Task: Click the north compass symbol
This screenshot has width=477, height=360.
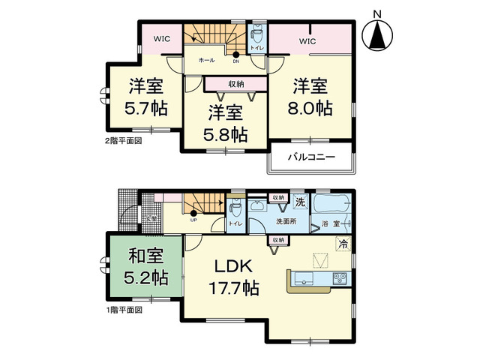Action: pos(379,33)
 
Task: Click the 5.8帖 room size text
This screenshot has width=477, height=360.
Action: pos(226,135)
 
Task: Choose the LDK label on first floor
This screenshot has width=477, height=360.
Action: pos(235,266)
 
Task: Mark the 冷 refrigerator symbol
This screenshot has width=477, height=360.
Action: pos(341,244)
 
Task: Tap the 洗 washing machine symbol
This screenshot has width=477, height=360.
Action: pos(299,202)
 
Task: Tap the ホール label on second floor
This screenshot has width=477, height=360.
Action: pos(206,60)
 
